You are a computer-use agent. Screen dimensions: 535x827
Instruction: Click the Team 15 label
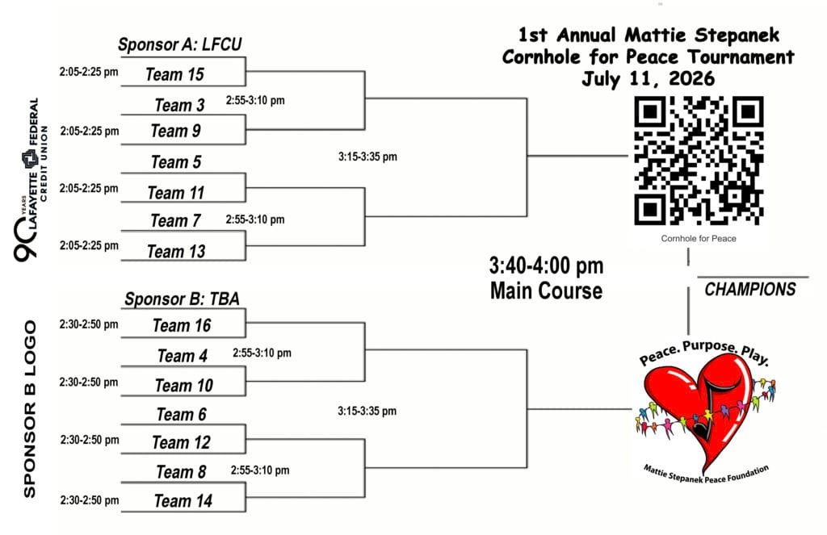tap(174, 75)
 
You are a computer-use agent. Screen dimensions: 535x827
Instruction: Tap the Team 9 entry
tap(175, 131)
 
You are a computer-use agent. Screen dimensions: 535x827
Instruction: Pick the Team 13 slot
tap(176, 252)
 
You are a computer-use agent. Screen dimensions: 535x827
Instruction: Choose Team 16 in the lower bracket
tap(182, 326)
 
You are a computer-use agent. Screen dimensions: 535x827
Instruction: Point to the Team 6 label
tap(181, 415)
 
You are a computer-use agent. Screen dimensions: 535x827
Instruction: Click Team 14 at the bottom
tap(183, 501)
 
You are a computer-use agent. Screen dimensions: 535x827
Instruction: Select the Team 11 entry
tap(175, 193)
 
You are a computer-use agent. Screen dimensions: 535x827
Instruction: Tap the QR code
tap(699, 161)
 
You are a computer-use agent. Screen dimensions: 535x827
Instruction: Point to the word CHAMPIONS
tap(750, 290)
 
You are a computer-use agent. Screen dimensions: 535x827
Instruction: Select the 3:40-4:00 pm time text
tap(546, 266)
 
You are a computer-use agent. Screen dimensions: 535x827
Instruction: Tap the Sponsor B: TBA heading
tap(182, 299)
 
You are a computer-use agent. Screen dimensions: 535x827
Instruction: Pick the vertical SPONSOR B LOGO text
tap(30, 409)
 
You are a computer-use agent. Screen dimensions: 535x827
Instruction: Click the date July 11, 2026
tap(648, 79)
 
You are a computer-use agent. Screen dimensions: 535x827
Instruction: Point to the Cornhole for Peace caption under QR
tap(699, 238)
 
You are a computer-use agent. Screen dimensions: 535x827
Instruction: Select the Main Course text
tap(546, 290)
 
